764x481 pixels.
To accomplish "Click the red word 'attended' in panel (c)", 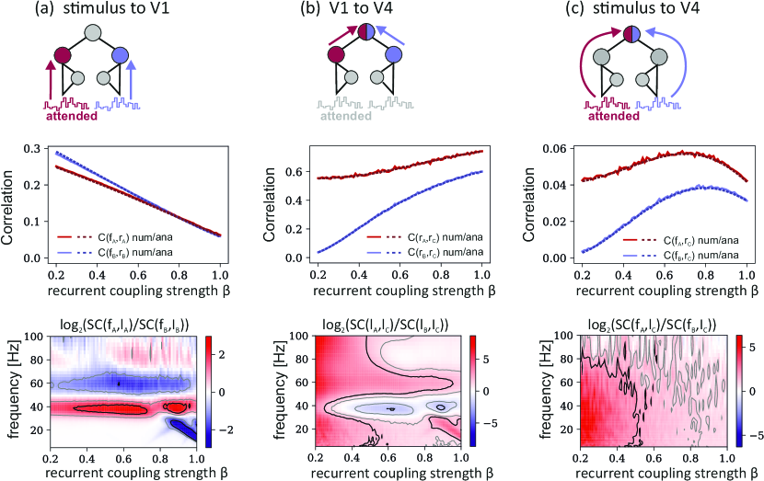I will point(614,117).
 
